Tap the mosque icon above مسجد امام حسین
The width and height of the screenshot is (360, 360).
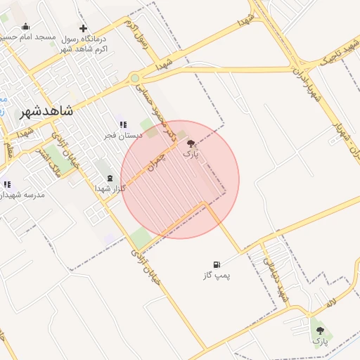[x=26, y=27]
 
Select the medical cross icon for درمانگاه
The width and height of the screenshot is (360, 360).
[x=84, y=28]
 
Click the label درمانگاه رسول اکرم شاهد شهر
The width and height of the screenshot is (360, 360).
[x=88, y=43]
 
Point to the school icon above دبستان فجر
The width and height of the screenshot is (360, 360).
[x=123, y=124]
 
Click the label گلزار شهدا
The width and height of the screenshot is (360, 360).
[x=109, y=188]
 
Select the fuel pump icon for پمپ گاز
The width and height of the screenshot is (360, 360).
[x=217, y=265]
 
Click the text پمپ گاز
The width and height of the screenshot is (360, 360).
[x=217, y=275]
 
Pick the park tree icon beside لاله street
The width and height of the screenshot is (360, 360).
[x=321, y=330]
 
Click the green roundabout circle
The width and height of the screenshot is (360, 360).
[x=134, y=78]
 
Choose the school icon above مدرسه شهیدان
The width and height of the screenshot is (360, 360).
[x=8, y=184]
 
